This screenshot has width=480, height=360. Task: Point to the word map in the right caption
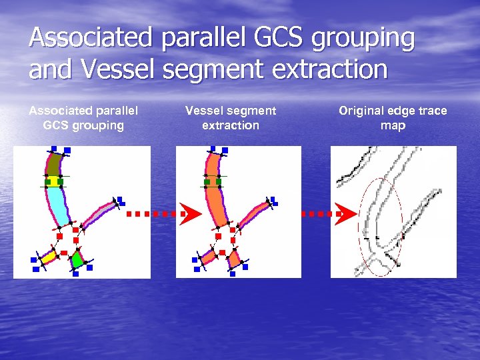pyautogui.click(x=393, y=125)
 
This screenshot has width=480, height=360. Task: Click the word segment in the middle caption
pyautogui.click(x=250, y=111)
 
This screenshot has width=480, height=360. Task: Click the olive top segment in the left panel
pyautogui.click(x=54, y=164)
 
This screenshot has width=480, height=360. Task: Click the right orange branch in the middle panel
pyautogui.click(x=254, y=213)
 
